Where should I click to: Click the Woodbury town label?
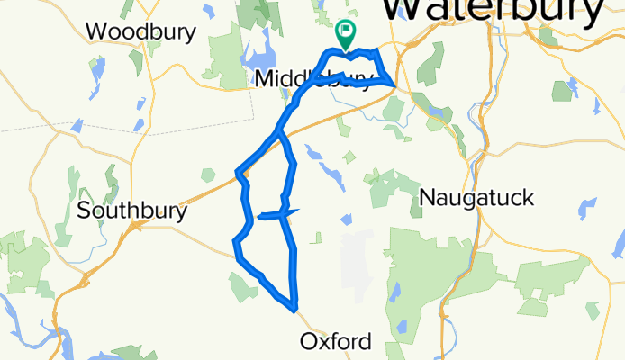point(140,31)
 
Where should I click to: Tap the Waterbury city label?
point(492,11)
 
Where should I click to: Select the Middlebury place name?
point(311,80)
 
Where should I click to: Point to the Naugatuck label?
point(477,197)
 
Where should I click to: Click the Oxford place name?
point(335,342)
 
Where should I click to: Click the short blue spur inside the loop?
point(270,215)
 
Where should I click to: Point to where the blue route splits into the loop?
point(278,132)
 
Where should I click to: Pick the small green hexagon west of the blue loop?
point(208,174)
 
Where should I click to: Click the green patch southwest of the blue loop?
point(242,286)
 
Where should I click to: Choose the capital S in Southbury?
point(85,211)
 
